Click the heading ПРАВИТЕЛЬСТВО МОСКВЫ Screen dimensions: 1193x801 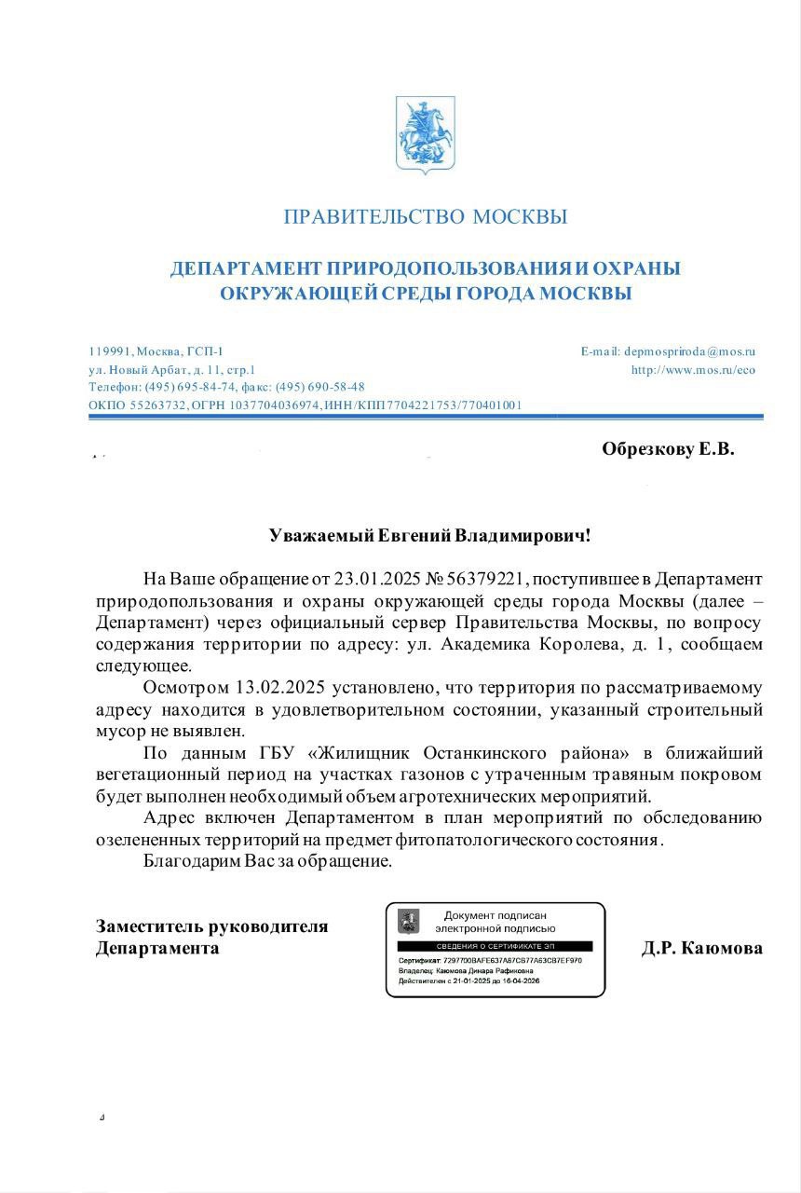pyautogui.click(x=425, y=217)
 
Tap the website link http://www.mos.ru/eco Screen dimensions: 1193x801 pyautogui.click(x=693, y=370)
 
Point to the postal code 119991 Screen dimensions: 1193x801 pyautogui.click(x=110, y=351)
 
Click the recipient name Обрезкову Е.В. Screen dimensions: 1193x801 pyautogui.click(x=668, y=449)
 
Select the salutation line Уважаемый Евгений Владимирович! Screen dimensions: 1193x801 pyautogui.click(x=428, y=536)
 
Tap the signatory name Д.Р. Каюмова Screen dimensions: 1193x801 pyautogui.click(x=701, y=949)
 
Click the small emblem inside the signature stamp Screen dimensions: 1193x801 pyautogui.click(x=408, y=921)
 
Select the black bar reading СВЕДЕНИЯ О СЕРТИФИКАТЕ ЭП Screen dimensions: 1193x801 pyautogui.click(x=495, y=946)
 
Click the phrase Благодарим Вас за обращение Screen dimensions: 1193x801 pyautogui.click(x=268, y=860)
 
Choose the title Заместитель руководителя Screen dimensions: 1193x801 pyautogui.click(x=211, y=926)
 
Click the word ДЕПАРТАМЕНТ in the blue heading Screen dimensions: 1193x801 pyautogui.click(x=245, y=269)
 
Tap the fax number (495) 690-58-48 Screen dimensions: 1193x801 pyautogui.click(x=319, y=387)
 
